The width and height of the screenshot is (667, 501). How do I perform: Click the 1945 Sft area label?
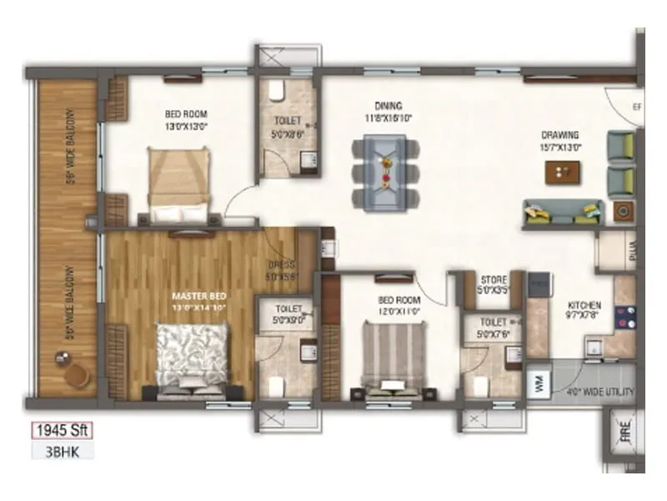coord(61,431)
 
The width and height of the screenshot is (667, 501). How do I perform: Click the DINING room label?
coord(388,106)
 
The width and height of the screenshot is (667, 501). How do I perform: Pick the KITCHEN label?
coord(584,305)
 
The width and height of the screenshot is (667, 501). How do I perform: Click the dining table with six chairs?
coord(387,170)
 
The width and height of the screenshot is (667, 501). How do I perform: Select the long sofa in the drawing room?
coord(562,215)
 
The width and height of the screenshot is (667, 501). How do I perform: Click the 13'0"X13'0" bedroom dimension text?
coord(186,126)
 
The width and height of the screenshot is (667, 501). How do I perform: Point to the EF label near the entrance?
coord(636,107)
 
